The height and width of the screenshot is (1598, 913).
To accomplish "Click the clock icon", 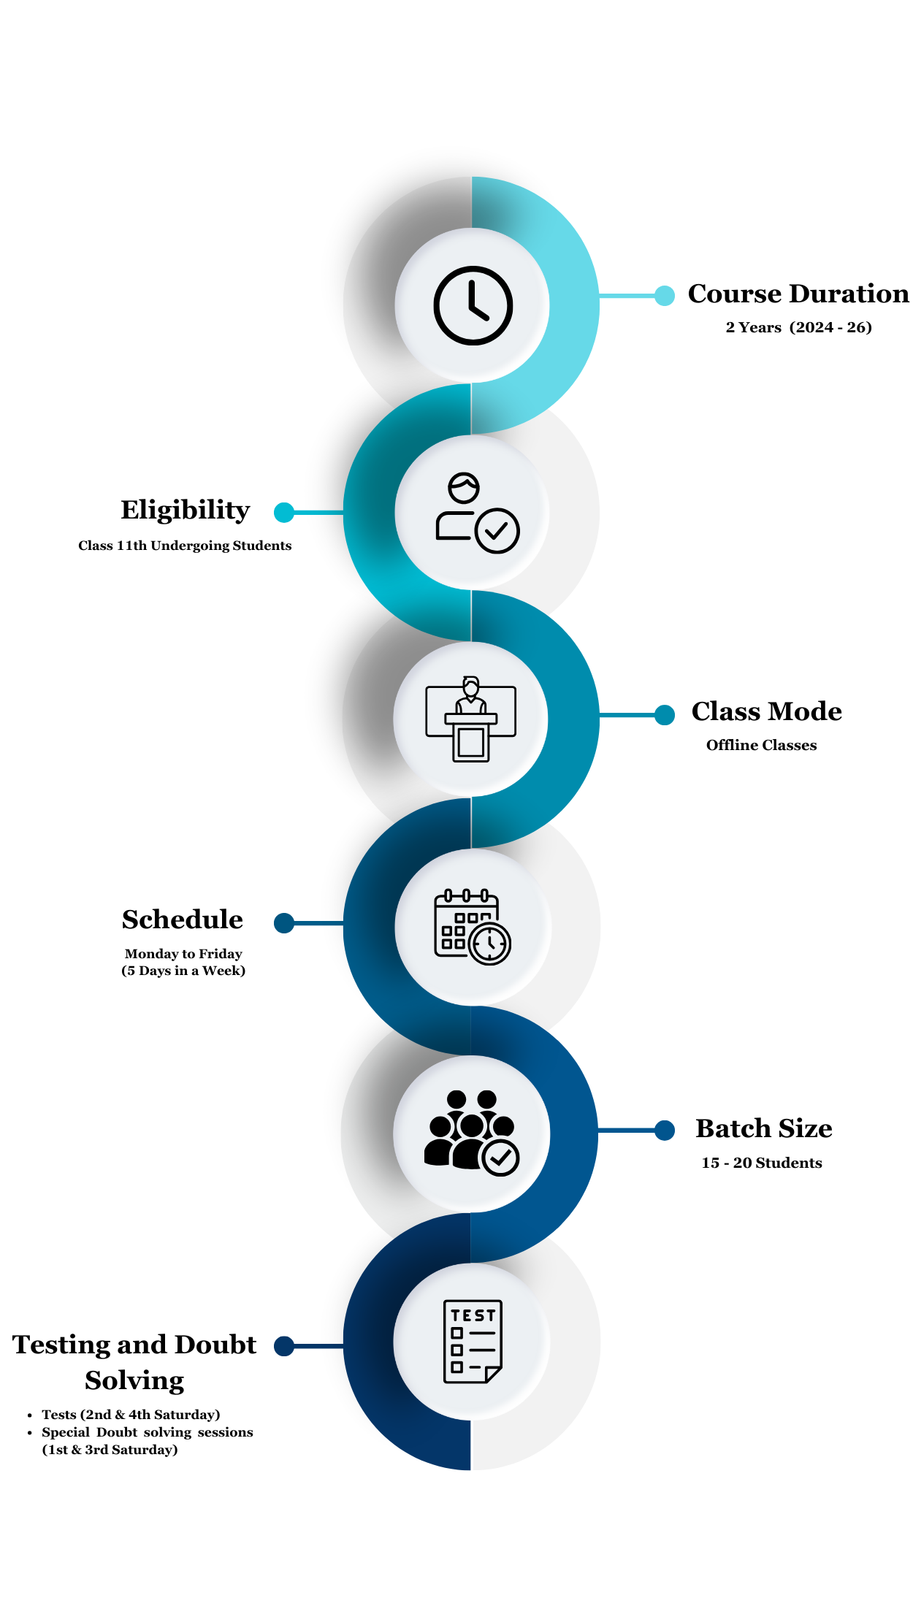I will point(473,305).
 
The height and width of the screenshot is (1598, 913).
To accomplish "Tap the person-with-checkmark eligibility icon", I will point(476,513).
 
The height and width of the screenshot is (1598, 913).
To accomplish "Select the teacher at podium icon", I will point(471,719).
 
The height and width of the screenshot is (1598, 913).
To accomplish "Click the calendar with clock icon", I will point(473,927).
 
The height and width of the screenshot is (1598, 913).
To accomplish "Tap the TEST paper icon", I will point(473,1341).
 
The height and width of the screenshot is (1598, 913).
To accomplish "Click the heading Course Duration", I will point(798,294).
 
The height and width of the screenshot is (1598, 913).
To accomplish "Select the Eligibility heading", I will point(186,510).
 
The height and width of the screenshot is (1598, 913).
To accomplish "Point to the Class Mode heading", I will point(766,711).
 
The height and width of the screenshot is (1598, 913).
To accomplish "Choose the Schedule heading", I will point(183,920).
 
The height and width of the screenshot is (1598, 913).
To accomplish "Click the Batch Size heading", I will point(763,1128).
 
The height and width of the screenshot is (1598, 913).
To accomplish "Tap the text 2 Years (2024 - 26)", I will point(798,327).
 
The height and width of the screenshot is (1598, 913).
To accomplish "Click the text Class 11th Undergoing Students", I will point(185,546).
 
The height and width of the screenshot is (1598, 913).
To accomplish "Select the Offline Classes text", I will point(761,745).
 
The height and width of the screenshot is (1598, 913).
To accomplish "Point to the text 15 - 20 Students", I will point(762,1163).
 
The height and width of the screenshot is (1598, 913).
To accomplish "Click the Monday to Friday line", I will point(183,954).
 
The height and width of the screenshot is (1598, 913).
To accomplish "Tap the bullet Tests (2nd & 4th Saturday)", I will point(131,1415).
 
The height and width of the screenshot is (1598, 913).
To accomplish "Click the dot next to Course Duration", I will point(665,296).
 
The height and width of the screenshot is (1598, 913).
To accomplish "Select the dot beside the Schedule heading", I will point(284,923).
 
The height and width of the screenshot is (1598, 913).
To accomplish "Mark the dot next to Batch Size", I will point(665,1131).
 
